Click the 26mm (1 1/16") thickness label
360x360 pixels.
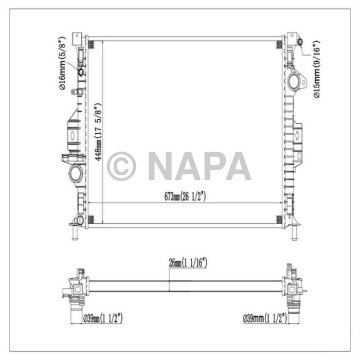click(188, 263)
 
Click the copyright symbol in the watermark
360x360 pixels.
click(121, 166)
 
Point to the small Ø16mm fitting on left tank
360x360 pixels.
click(81, 71)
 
